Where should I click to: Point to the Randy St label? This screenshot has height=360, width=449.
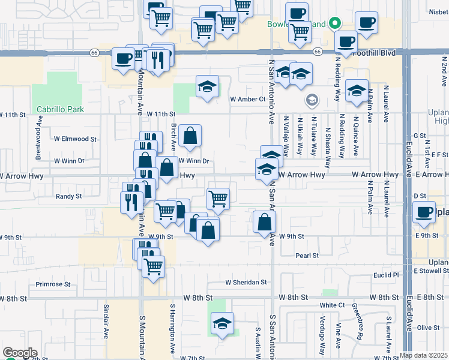pyautogui.click(x=68, y=196)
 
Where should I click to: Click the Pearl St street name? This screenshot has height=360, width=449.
pyautogui.click(x=307, y=256)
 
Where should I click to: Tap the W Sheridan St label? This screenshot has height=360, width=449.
pyautogui.click(x=246, y=282)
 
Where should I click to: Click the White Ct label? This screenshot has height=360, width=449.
pyautogui.click(x=332, y=305)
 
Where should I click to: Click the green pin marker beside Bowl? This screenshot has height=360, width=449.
pyautogui.click(x=336, y=25)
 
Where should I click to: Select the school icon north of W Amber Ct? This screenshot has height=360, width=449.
pyautogui.click(x=207, y=86)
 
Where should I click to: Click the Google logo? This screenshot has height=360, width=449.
pyautogui.click(x=20, y=353)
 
